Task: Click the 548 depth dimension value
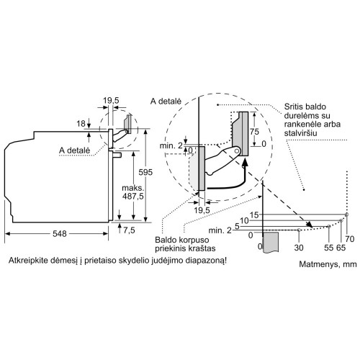(x=60, y=233)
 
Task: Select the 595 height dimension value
(x=145, y=172)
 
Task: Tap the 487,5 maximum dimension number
(x=132, y=197)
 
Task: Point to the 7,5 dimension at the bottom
(x=129, y=230)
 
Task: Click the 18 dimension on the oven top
(x=81, y=124)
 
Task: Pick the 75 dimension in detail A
(x=254, y=132)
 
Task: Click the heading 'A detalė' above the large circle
(x=166, y=102)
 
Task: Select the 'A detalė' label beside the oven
(x=75, y=150)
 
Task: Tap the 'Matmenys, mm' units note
(x=328, y=264)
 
